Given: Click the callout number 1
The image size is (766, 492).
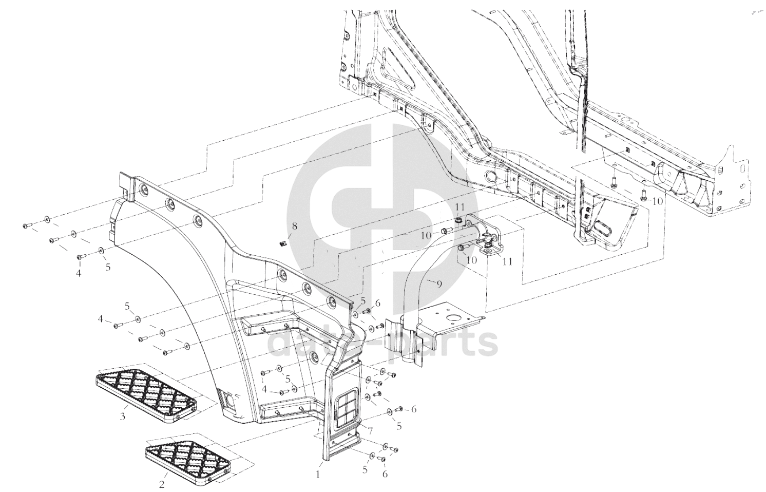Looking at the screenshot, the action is point(318,474).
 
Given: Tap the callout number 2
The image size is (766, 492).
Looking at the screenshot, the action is point(162,484).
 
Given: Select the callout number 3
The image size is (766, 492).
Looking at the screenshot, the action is point(122,417).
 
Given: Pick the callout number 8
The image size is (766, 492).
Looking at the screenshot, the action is point(294,226).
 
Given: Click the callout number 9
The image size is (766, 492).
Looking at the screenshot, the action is point(439,283).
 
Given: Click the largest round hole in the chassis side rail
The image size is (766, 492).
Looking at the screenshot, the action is point(491,177).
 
